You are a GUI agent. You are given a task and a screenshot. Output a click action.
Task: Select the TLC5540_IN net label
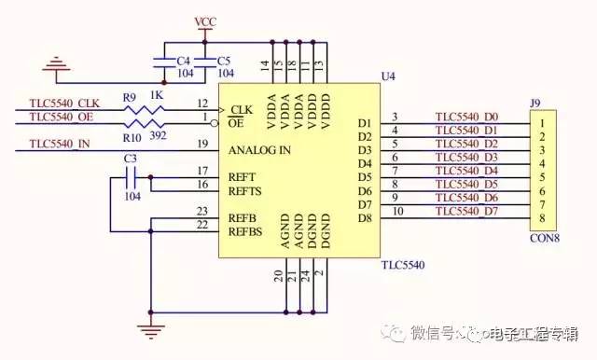coord(60,144)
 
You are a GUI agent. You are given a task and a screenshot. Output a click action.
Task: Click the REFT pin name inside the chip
coord(243,176)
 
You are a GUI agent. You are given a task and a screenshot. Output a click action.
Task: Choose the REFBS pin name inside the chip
coord(245,231)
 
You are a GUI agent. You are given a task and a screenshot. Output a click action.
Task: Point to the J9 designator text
coord(535,104)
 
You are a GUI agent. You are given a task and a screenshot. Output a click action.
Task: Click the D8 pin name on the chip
coord(364,218)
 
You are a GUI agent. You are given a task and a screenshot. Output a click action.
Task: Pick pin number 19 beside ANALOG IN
coord(202,144)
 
